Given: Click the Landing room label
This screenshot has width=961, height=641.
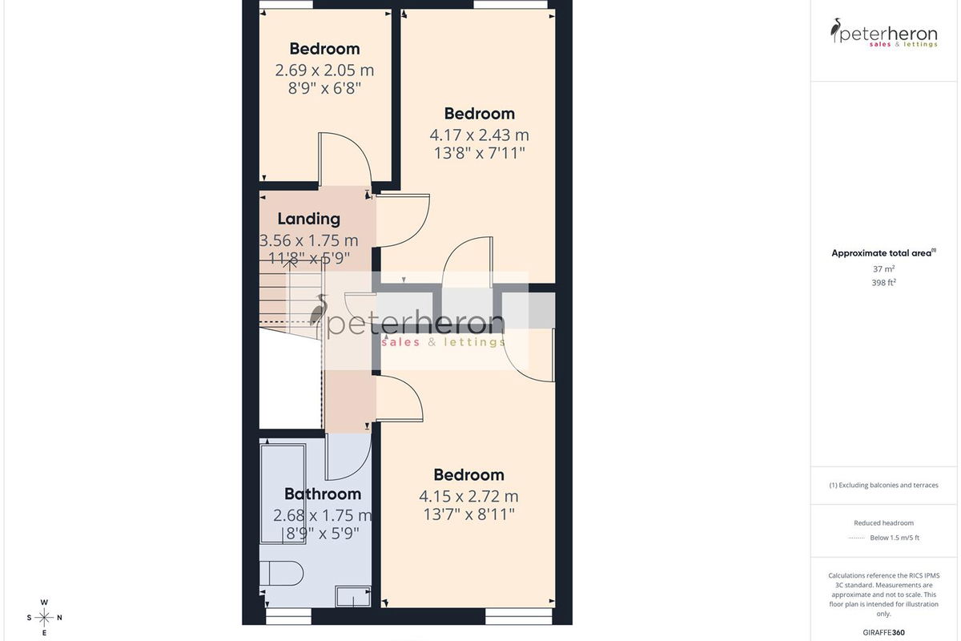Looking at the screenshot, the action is coord(309,219).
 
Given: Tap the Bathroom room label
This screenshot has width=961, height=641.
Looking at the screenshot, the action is coord(323,494).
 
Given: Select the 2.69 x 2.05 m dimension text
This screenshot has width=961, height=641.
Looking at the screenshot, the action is coord(324,70).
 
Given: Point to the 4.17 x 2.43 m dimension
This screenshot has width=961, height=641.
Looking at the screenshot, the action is coord(479,135).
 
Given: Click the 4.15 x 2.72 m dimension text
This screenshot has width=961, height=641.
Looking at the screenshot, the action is coord(468,496).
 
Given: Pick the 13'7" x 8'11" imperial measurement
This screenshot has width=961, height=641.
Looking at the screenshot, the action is coord(468,514).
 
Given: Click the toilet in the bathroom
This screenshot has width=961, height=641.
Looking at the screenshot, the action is coord(281,573).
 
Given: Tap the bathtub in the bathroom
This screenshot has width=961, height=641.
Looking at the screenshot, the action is coord(283,494).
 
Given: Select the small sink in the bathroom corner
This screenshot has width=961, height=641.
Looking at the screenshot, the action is coord(353,597).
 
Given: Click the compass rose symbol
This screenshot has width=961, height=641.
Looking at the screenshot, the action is coord(44,618).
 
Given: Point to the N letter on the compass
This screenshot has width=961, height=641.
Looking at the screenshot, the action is coord(59,618).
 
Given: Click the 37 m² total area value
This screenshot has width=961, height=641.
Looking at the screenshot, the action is coord(884,268).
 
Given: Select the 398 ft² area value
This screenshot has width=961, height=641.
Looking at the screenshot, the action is coord(884,283).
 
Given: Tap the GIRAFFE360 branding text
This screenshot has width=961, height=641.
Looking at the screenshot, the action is coord(884,632).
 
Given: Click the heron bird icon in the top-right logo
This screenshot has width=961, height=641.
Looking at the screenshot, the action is coord(835,30).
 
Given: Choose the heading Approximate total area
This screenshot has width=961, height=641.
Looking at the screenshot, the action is coord(881,253).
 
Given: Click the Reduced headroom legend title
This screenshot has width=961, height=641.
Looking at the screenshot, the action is coord(884,523).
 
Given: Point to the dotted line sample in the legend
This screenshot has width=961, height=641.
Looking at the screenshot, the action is coord(856,538).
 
